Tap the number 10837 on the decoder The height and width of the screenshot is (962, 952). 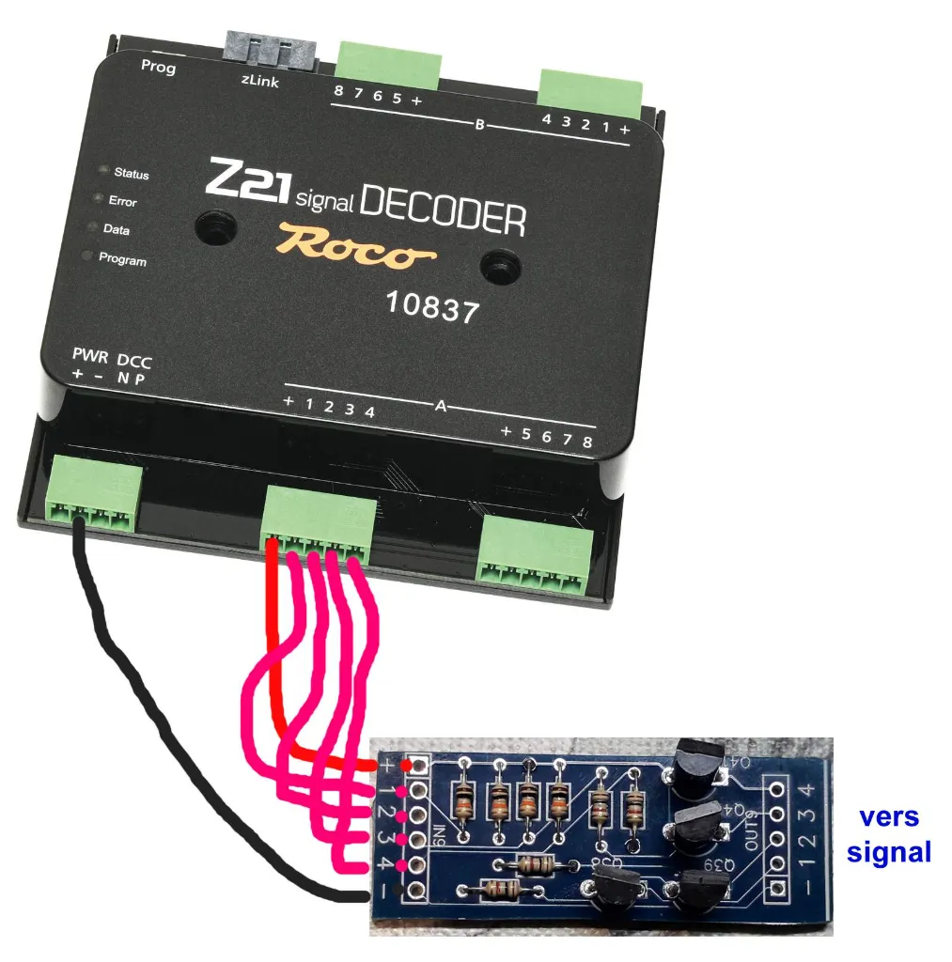click(x=432, y=306)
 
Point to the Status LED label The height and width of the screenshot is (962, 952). click(x=131, y=174)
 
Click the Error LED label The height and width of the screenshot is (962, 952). click(x=122, y=201)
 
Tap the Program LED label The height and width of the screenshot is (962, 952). click(x=122, y=259)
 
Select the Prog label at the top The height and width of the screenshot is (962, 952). click(x=158, y=67)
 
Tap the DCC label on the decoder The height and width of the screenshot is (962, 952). click(x=133, y=361)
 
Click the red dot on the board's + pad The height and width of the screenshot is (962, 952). click(x=407, y=766)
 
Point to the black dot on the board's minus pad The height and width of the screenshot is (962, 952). click(x=401, y=889)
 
